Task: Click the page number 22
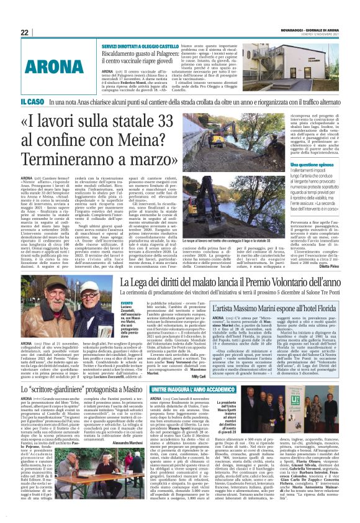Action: (x=25, y=32)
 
